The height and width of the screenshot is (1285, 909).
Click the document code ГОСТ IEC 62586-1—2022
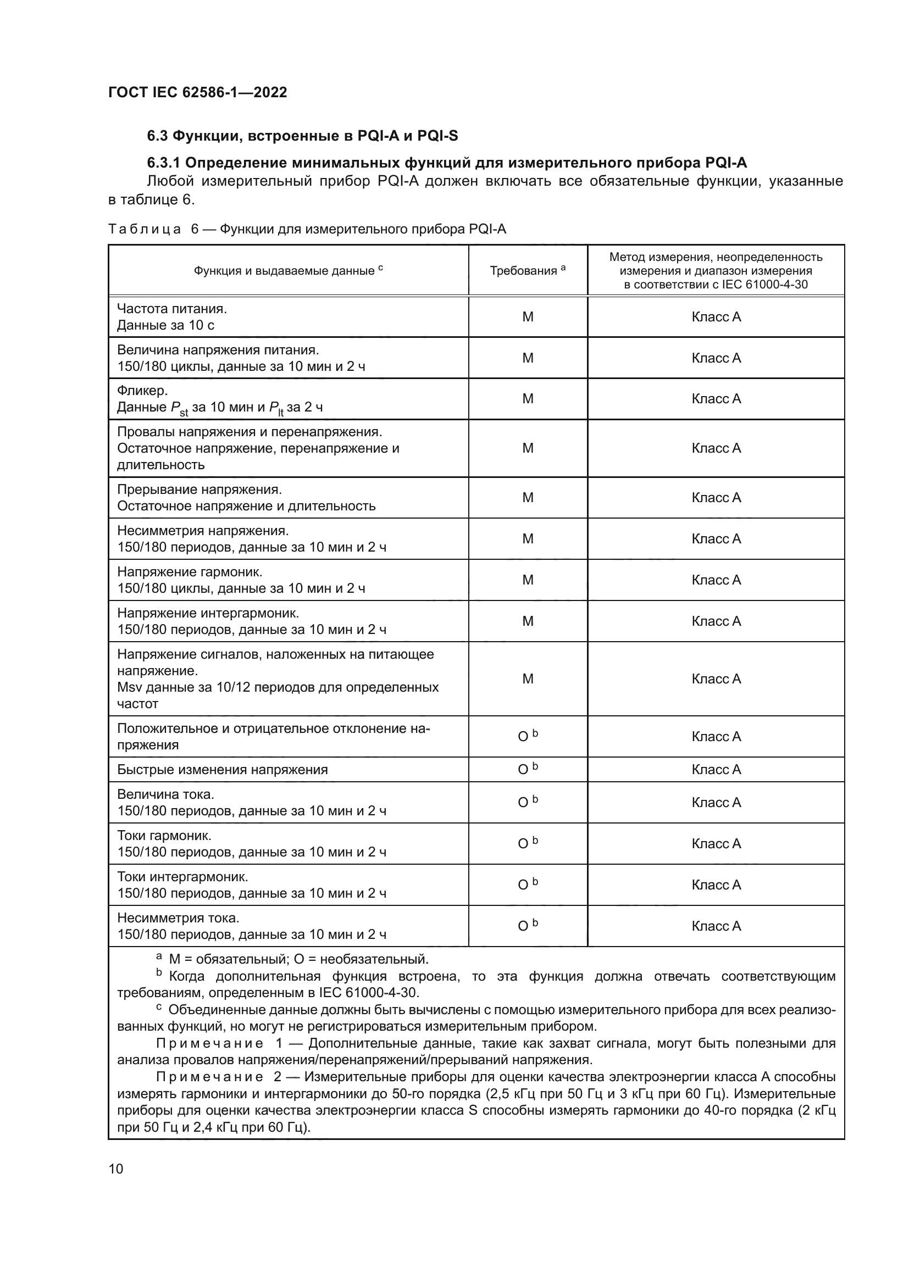(x=197, y=92)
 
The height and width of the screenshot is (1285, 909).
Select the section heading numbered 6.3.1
(x=447, y=163)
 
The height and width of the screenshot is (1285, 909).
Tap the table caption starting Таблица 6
(x=307, y=229)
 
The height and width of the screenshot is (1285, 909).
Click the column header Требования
(x=527, y=270)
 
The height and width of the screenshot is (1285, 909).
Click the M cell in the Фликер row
(x=527, y=398)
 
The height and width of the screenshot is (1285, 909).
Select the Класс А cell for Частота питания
(x=716, y=317)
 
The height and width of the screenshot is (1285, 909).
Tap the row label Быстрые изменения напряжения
(x=222, y=770)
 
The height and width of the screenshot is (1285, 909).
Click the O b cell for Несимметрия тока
(x=527, y=926)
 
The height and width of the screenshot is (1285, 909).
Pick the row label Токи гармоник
(x=164, y=836)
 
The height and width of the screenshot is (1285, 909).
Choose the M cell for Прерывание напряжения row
(x=527, y=498)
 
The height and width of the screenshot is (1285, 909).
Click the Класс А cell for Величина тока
(x=716, y=803)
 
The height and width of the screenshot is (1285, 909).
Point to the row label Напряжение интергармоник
(x=208, y=613)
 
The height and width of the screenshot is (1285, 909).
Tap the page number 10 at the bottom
(x=116, y=1169)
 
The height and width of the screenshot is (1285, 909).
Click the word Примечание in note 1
(x=209, y=1043)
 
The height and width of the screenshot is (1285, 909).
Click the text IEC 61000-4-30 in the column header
(x=775, y=285)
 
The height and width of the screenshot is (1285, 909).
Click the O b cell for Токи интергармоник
(x=527, y=885)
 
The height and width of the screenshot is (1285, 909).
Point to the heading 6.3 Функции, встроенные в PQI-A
(x=302, y=136)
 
